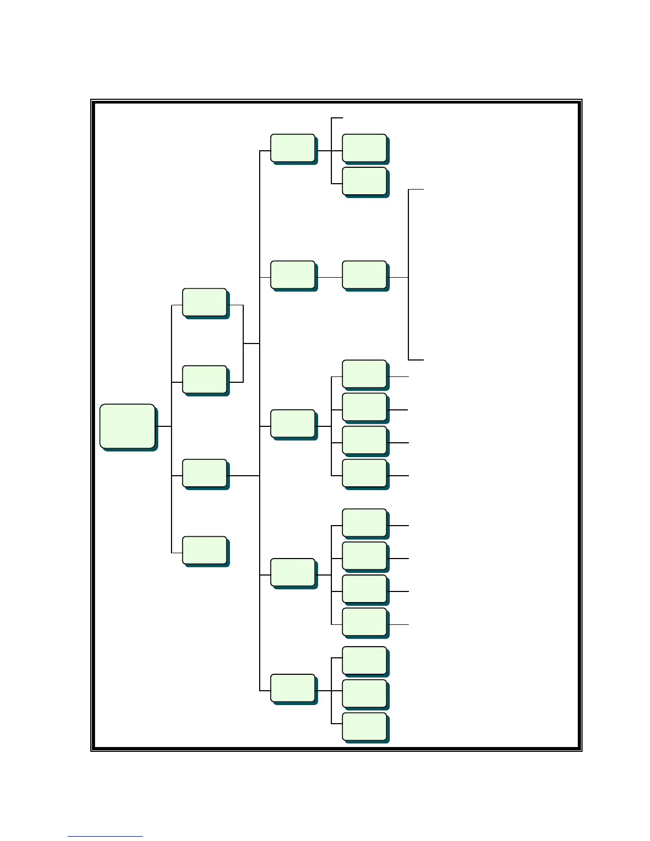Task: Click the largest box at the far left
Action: coord(127,426)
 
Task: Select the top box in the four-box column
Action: coord(204,302)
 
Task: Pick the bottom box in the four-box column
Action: coord(204,550)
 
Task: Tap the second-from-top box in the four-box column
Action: coord(204,379)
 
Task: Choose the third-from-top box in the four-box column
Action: coord(204,473)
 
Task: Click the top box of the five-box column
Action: coord(293,148)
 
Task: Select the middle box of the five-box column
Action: coord(293,423)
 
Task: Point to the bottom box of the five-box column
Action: coord(293,688)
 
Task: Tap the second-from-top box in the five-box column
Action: coord(293,274)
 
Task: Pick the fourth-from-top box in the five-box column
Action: coord(293,572)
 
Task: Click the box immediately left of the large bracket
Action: coord(364,274)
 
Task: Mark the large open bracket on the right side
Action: coord(409,274)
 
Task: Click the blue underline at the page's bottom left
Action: coord(105,836)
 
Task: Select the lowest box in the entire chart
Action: coord(364,726)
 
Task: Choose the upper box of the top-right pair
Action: coord(364,148)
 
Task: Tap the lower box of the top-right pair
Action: coord(364,181)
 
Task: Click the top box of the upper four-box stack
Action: coord(364,374)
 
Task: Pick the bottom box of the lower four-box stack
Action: coord(364,622)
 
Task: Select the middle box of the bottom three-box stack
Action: coord(364,693)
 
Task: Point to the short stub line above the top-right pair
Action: coord(337,118)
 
